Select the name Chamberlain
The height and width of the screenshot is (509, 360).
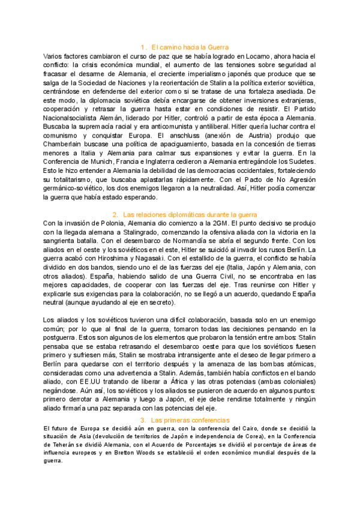64,136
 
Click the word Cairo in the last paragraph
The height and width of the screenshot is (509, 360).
227,428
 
